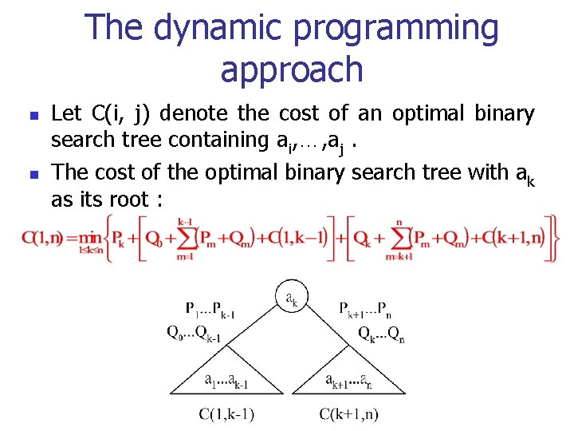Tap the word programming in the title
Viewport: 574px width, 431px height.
click(395, 29)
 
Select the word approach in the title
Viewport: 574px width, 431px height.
click(291, 69)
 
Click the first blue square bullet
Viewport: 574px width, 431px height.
click(31, 116)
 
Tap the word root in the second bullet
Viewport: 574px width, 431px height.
click(128, 200)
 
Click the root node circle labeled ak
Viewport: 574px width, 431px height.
click(291, 298)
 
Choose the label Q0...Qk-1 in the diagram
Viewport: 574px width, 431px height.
click(195, 334)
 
